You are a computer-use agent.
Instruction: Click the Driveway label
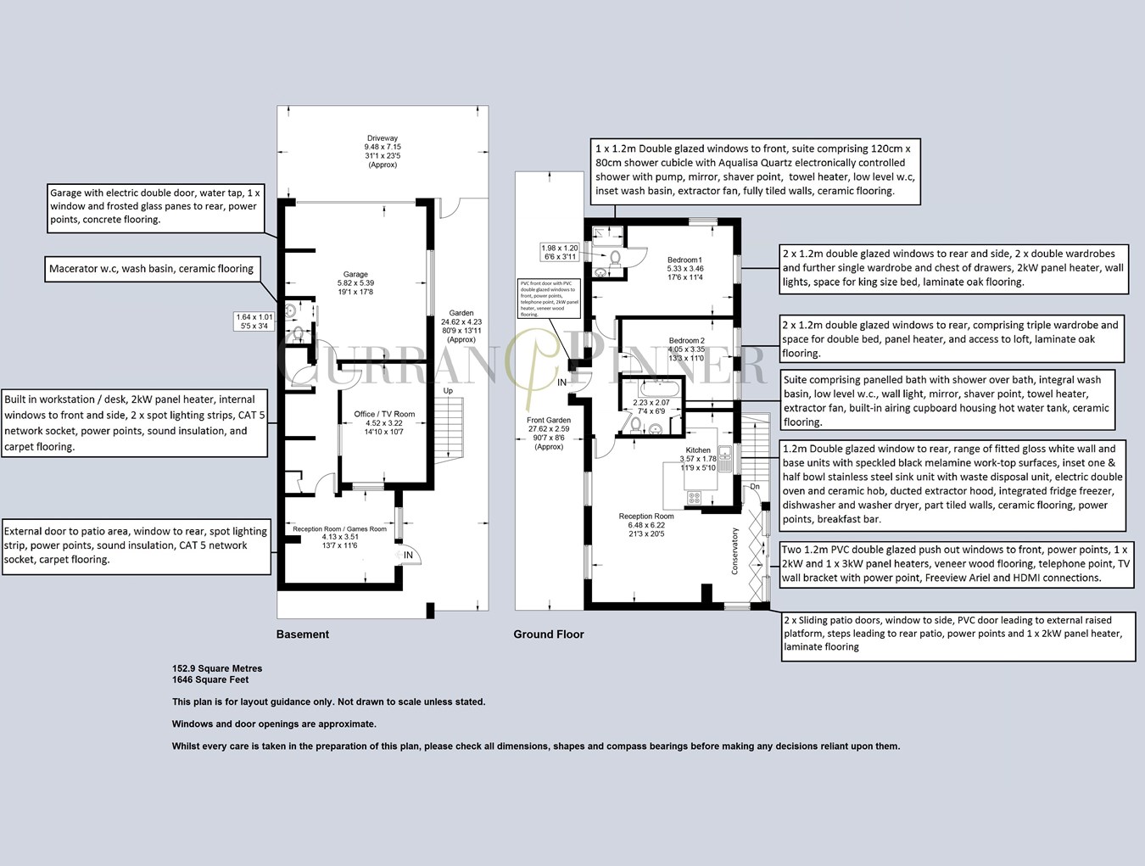point(382,138)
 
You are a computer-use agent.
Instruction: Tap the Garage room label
point(355,274)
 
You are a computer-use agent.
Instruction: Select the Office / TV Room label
point(384,414)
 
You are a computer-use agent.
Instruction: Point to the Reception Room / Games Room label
point(339,529)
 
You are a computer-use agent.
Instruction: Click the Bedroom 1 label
point(684,260)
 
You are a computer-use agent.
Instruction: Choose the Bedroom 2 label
point(685,340)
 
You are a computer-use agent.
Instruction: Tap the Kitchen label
point(698,450)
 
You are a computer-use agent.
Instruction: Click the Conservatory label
point(735,551)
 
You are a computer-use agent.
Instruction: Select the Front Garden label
point(549,421)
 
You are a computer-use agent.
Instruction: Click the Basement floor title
point(303,634)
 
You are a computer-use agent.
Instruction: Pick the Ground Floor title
point(548,634)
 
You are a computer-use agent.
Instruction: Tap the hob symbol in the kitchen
point(694,497)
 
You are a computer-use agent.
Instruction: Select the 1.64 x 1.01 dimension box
point(254,321)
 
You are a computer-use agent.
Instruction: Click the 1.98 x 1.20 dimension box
point(560,252)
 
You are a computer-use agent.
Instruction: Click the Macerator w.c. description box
point(151,269)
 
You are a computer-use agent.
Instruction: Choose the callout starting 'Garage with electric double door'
point(154,206)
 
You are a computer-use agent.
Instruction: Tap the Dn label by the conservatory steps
point(754,487)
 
